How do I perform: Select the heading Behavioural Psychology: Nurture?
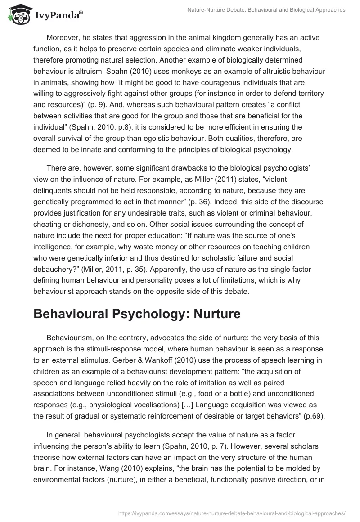tap(137, 314)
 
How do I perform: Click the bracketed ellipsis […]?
tap(180, 405)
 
